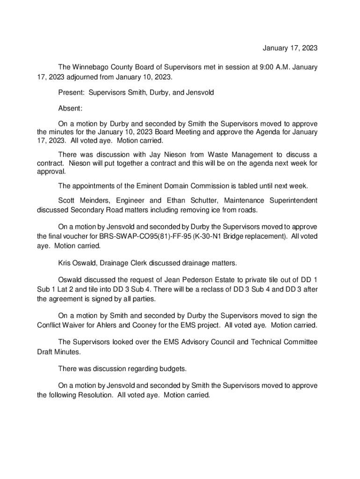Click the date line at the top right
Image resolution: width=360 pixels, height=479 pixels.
point(290,48)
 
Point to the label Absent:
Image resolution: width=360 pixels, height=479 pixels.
point(70,109)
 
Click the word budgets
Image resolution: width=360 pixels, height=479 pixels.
point(173,369)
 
